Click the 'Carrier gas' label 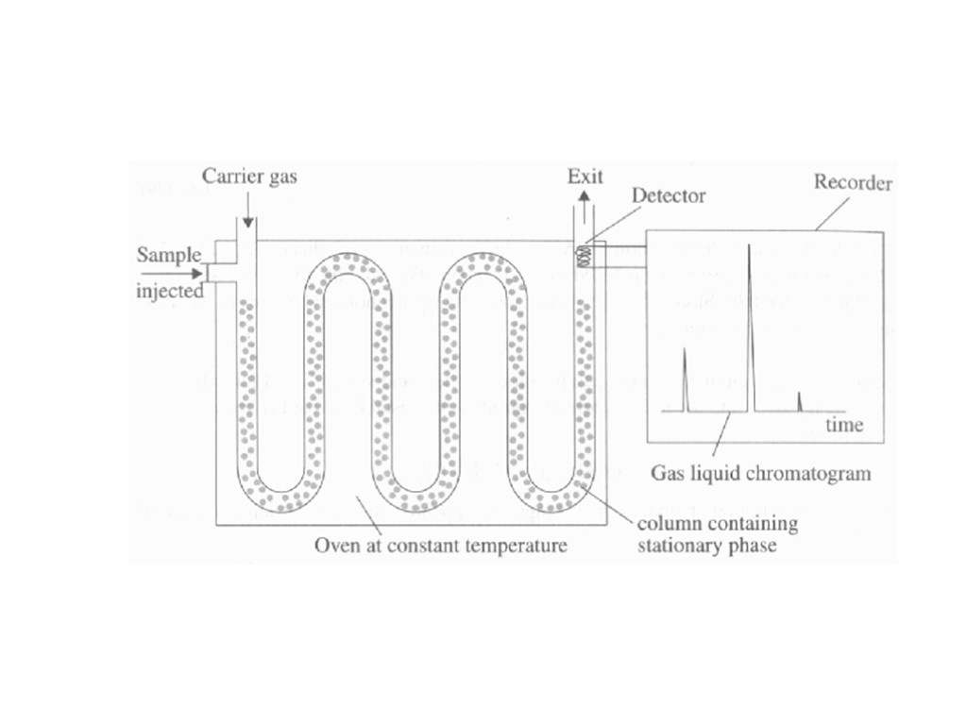pyautogui.click(x=250, y=177)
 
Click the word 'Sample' pyautogui.click(x=169, y=255)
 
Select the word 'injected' pyautogui.click(x=170, y=292)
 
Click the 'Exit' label pyautogui.click(x=585, y=176)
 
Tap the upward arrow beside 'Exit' pyautogui.click(x=585, y=200)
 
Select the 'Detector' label pyautogui.click(x=668, y=196)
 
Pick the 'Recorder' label pyautogui.click(x=852, y=183)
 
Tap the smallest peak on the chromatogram pyautogui.click(x=800, y=401)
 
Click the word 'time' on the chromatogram pyautogui.click(x=844, y=425)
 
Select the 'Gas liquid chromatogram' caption pyautogui.click(x=761, y=473)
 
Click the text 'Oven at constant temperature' pyautogui.click(x=441, y=546)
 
